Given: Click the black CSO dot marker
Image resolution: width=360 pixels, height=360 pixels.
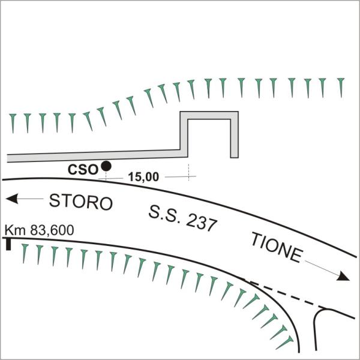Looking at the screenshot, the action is click(106, 166).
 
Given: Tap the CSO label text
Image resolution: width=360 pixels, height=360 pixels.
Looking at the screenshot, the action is click(83, 170).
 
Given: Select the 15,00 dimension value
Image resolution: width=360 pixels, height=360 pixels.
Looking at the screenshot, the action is click(143, 177).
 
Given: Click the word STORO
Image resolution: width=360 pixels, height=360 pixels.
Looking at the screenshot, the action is click(81, 202).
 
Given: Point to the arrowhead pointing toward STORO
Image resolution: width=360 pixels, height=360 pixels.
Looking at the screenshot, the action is click(12, 199).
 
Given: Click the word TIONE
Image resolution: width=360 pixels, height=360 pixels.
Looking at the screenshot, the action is click(277, 247).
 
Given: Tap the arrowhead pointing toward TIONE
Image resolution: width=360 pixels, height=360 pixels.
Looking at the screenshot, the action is click(343, 277).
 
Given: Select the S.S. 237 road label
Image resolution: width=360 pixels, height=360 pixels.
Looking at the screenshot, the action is click(182, 219).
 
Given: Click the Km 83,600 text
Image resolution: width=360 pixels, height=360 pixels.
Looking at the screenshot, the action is click(39, 230).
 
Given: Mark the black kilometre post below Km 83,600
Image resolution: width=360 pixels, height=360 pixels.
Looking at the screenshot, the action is click(8, 244).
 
